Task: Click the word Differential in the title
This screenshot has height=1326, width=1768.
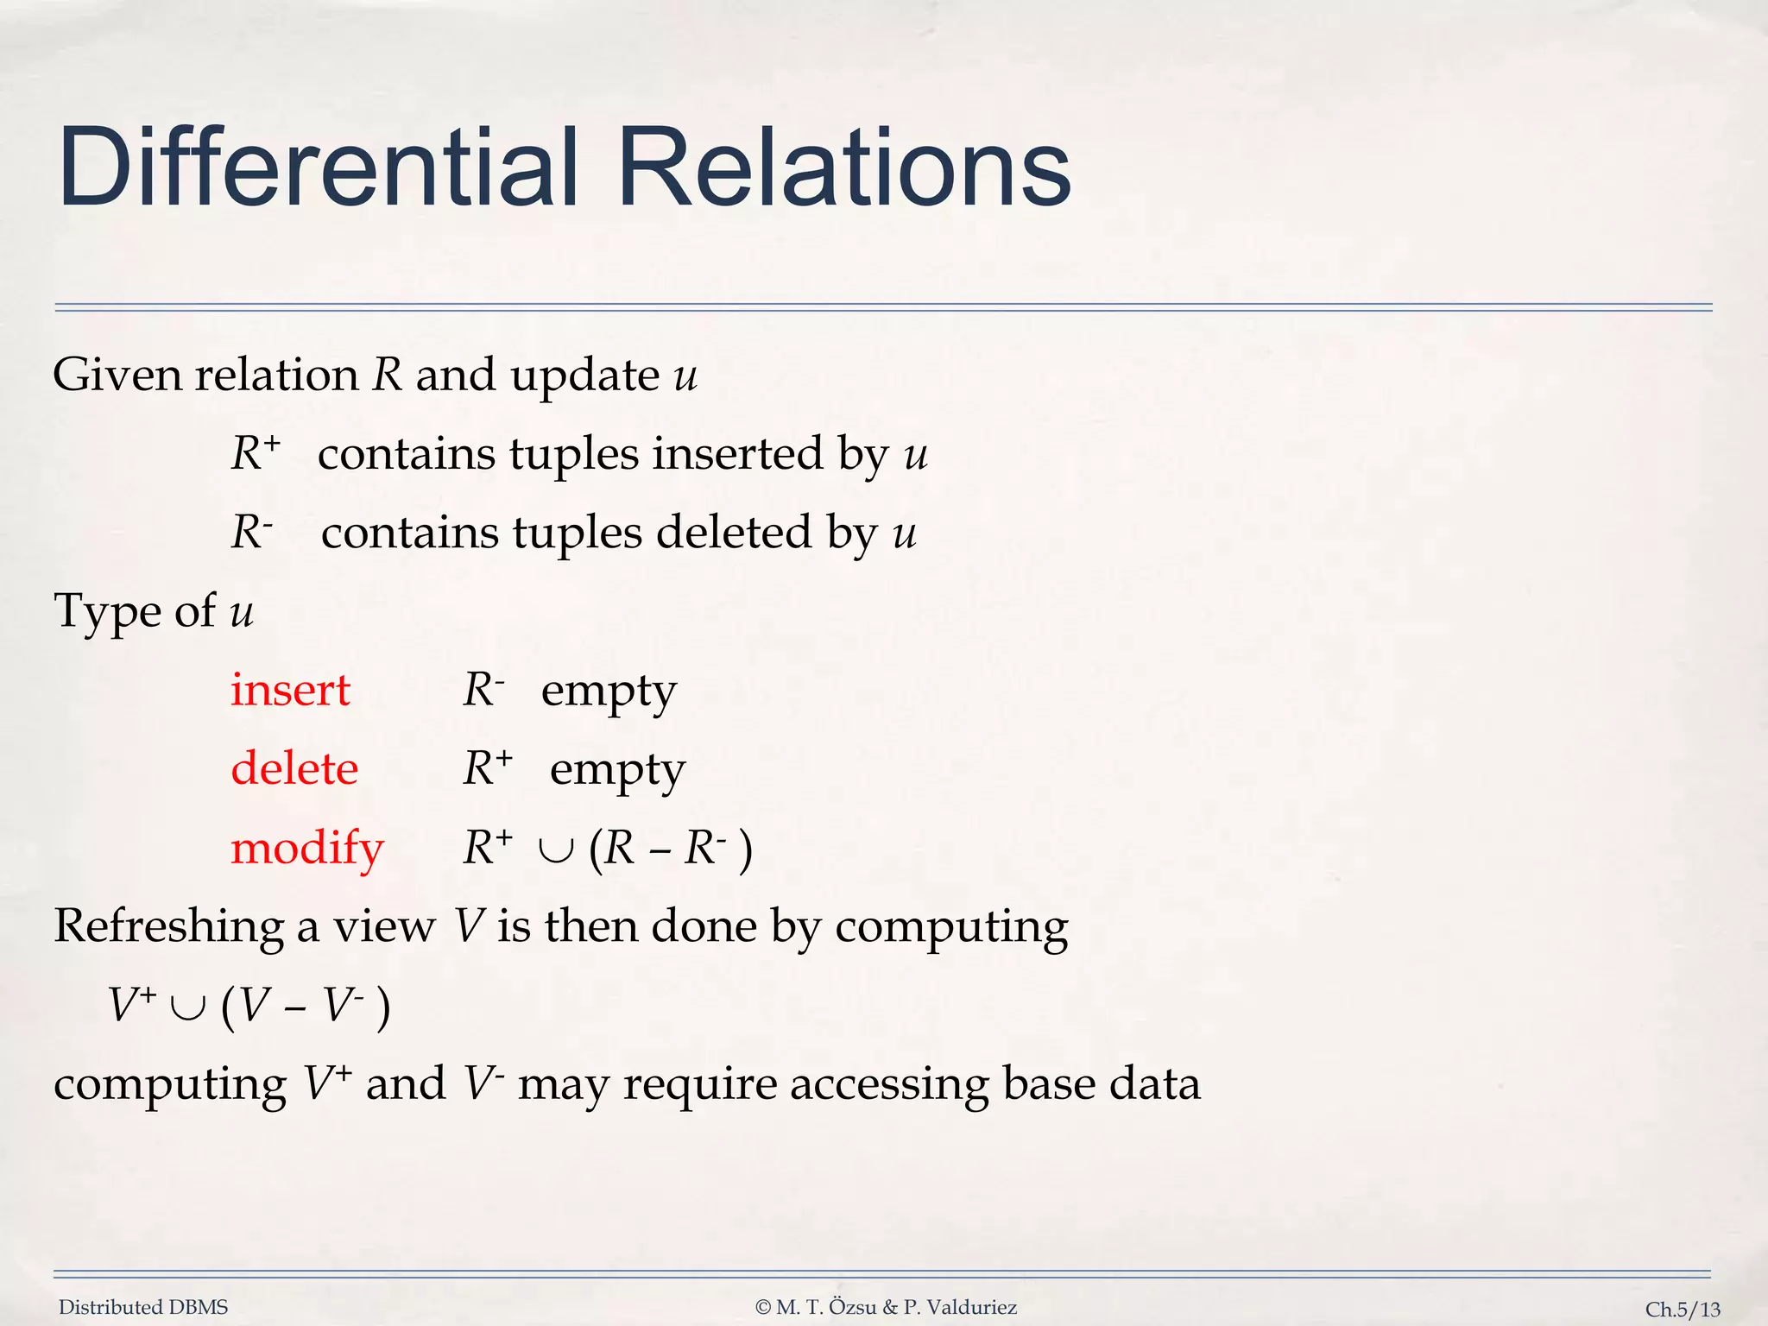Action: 318,167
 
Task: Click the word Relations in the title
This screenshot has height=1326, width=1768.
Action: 844,167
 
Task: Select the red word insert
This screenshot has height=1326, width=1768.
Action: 290,691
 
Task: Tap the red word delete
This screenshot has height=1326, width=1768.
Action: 294,768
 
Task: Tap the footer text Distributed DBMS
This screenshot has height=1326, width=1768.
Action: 143,1307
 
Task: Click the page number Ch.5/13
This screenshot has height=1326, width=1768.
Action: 1683,1310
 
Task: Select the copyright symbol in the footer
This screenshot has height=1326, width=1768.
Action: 763,1308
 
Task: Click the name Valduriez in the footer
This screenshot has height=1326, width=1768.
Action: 973,1307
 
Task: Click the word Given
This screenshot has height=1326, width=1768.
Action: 117,376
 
